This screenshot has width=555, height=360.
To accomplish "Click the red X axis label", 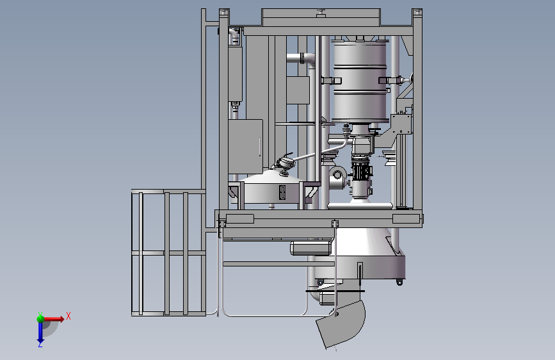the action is [68, 316].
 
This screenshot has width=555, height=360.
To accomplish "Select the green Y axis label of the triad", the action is [40, 315].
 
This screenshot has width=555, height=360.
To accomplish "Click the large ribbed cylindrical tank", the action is [360, 81].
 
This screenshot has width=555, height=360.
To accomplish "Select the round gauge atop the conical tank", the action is [286, 163].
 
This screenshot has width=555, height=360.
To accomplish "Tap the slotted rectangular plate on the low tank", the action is [282, 192].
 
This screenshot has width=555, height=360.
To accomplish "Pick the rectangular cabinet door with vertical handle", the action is [245, 147].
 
